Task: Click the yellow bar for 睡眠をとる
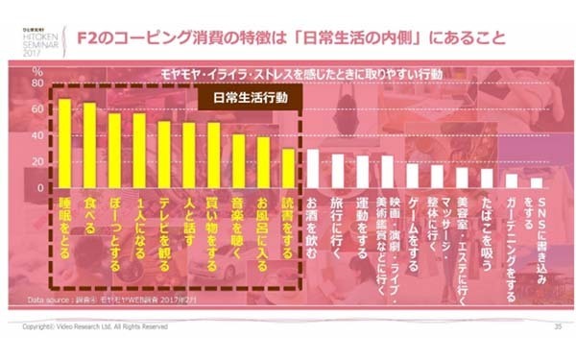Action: (x=64, y=143)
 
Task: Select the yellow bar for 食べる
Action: (x=89, y=145)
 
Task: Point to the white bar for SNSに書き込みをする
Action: (x=537, y=182)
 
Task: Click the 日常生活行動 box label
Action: (x=249, y=99)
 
